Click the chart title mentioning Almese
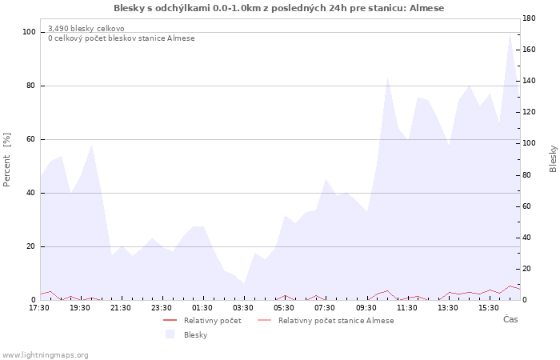(x=279, y=8)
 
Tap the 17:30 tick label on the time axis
(x=39, y=308)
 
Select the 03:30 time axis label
(x=243, y=308)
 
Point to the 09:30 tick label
(x=366, y=308)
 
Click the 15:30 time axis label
(x=489, y=308)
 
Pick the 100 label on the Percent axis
(x=29, y=32)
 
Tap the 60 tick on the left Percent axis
(x=30, y=139)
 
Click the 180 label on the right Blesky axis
(x=529, y=18)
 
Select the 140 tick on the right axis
(x=529, y=81)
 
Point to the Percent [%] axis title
(x=6, y=160)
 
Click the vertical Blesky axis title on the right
(x=553, y=159)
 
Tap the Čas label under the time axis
(x=510, y=319)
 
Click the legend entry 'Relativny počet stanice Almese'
(x=336, y=321)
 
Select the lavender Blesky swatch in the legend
(x=170, y=334)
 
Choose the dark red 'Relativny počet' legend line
(x=170, y=320)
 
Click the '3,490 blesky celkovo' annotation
(x=86, y=29)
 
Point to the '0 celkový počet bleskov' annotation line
(x=122, y=38)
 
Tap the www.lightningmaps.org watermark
(x=45, y=355)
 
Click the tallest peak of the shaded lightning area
(x=510, y=34)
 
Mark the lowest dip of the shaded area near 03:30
(x=244, y=284)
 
